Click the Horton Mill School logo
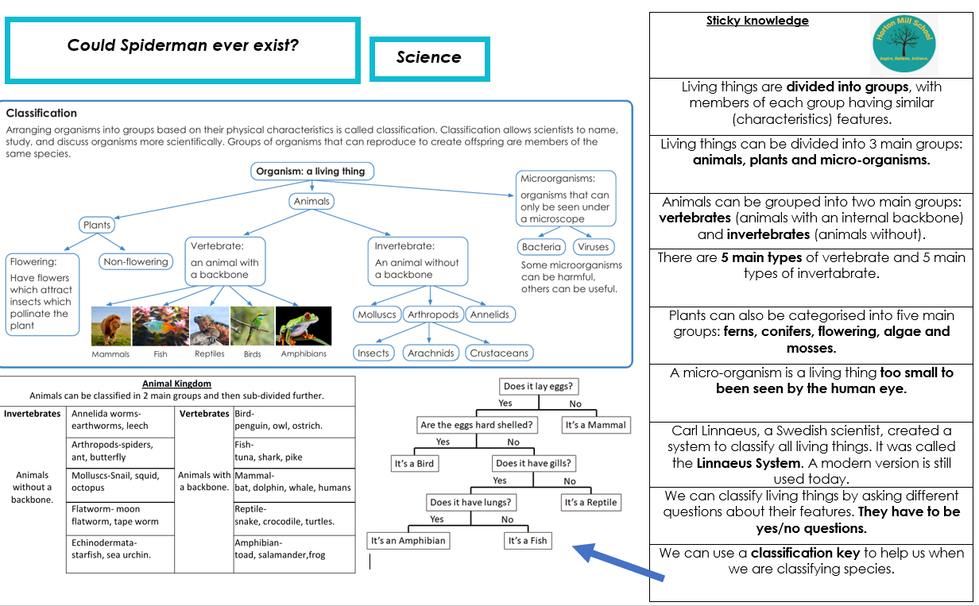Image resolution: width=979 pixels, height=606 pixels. pyautogui.click(x=904, y=44)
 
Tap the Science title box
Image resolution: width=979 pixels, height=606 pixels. pyautogui.click(x=430, y=59)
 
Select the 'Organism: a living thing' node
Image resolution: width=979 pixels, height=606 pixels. pyautogui.click(x=312, y=171)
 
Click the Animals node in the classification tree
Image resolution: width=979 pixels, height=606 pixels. pyautogui.click(x=311, y=201)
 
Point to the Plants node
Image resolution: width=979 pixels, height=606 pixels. pyautogui.click(x=97, y=225)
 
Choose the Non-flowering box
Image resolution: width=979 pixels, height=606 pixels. pyautogui.click(x=135, y=261)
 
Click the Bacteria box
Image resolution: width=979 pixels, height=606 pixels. pyautogui.click(x=541, y=247)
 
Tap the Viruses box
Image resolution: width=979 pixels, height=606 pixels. pyautogui.click(x=593, y=247)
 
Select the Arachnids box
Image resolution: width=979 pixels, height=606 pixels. pyautogui.click(x=431, y=353)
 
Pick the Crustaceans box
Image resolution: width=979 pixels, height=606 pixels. pyautogui.click(x=499, y=353)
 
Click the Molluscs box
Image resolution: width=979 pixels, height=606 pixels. pyautogui.click(x=377, y=315)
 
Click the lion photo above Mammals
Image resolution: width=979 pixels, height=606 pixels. pyautogui.click(x=111, y=326)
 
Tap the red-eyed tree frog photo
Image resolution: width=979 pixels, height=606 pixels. pyautogui.click(x=304, y=326)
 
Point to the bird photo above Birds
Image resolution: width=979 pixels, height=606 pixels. pyautogui.click(x=252, y=326)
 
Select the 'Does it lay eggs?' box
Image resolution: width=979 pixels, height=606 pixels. pyautogui.click(x=539, y=386)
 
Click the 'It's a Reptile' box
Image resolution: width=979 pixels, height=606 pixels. pyautogui.click(x=590, y=503)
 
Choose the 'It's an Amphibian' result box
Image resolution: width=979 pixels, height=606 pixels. pyautogui.click(x=408, y=541)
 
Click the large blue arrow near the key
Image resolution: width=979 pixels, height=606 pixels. pyautogui.click(x=618, y=562)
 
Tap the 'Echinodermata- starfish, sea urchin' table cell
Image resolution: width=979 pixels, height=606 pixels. pyautogui.click(x=120, y=554)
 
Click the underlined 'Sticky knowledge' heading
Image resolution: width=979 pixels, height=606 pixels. pyautogui.click(x=757, y=21)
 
